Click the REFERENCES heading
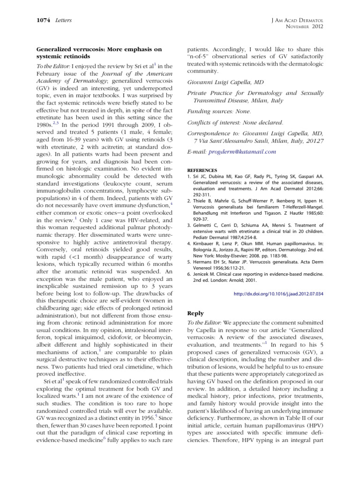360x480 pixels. pos(202,171)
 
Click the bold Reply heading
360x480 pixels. pos(195,313)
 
